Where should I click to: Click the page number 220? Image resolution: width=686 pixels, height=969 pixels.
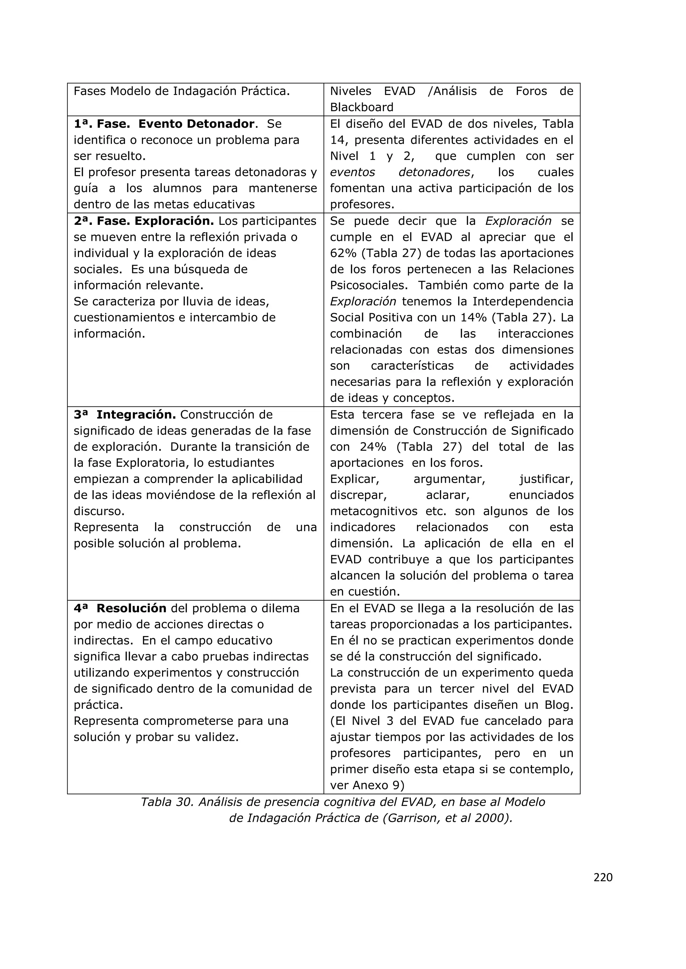tap(603, 877)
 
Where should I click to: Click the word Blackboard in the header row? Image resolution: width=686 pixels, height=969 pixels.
tap(361, 107)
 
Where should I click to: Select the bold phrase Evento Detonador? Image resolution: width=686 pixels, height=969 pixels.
tap(196, 124)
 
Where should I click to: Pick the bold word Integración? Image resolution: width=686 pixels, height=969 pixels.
tap(136, 415)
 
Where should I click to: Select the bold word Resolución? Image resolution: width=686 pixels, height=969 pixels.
tap(131, 608)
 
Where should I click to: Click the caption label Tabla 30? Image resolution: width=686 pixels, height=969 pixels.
tap(166, 802)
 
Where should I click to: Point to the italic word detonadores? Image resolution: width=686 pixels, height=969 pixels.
tap(434, 172)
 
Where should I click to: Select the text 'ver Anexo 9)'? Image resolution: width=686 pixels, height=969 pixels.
tap(367, 785)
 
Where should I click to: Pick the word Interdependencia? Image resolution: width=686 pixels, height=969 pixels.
tap(523, 301)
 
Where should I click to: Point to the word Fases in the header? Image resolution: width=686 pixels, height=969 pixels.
tap(89, 91)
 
